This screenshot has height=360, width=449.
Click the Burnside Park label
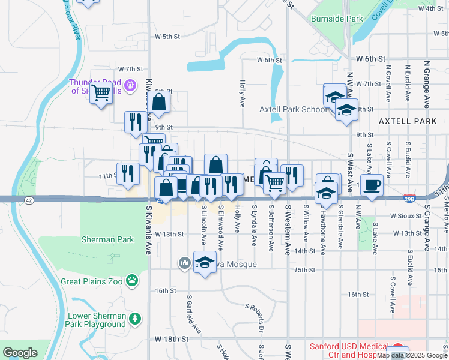coord(337,19)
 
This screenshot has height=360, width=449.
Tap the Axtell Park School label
coord(294,110)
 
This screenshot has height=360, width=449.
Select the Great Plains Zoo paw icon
coord(131,280)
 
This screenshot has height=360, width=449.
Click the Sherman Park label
coord(107,239)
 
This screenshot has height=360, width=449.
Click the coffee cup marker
coord(372,185)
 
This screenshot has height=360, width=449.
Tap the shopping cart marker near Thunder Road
coord(101,93)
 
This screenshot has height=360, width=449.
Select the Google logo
coord(20,353)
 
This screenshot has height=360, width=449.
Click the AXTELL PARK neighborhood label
coord(408,121)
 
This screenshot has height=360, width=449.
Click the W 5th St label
coord(167,37)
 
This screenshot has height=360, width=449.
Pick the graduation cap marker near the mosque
coord(205,262)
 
